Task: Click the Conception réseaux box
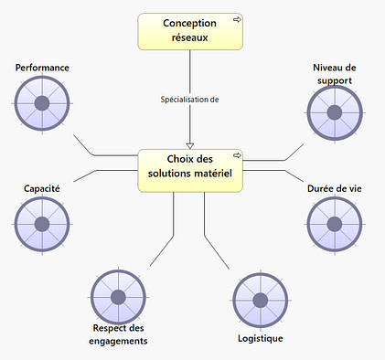point(190,31)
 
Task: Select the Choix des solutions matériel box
point(190,170)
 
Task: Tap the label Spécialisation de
point(190,100)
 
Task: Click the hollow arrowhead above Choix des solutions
point(190,143)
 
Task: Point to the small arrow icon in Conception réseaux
point(236,19)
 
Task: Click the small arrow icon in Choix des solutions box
point(236,154)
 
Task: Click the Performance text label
point(42,68)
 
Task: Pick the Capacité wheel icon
point(42,224)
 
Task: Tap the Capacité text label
point(42,188)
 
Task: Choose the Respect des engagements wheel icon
point(119,297)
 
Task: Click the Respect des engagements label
point(119,334)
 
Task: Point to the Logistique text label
point(260,338)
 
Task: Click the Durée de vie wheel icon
point(334,224)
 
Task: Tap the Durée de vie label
point(334,188)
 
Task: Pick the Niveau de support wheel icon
point(334,113)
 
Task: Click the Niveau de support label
point(334,73)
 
